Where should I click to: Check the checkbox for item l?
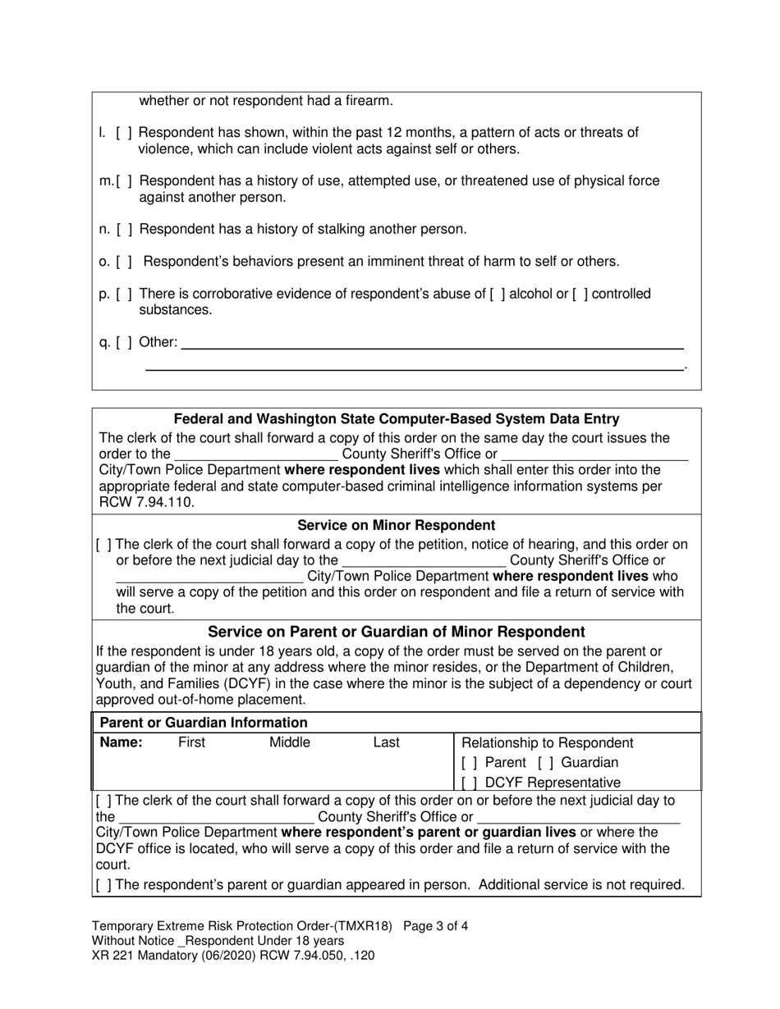coord(124,133)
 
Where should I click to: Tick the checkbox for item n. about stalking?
coord(124,230)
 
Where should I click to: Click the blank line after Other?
coord(431,343)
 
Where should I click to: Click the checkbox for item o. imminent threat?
coord(124,262)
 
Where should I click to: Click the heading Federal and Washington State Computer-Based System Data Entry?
coord(397,419)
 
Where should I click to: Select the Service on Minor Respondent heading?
coord(396,525)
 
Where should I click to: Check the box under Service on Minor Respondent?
coord(104,545)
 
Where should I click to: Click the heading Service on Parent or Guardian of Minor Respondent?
coord(396,632)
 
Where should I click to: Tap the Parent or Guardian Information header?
coord(203,723)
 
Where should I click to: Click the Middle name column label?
coord(290,742)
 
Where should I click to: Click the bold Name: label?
coord(122,742)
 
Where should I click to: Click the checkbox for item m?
coord(126,181)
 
